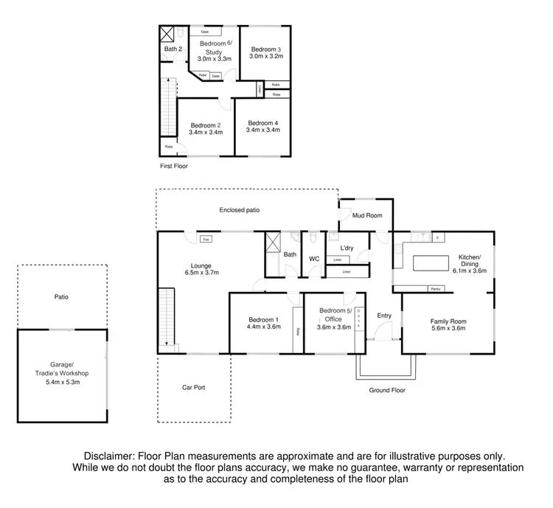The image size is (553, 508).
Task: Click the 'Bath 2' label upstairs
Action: point(173,49)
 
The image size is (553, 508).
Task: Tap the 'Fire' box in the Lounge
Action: point(206,240)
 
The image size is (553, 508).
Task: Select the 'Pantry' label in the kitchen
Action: point(435,289)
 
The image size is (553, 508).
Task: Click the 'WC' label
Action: point(313,259)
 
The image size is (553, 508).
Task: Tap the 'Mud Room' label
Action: point(366,215)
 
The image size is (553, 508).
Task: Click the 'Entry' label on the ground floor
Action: point(384,316)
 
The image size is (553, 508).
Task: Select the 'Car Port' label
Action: point(193,386)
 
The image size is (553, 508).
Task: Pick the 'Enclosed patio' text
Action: point(240,210)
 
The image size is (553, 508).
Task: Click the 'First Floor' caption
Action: point(175,167)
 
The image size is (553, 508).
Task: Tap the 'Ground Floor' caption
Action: point(387,390)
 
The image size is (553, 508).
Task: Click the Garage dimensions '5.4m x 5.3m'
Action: point(62,382)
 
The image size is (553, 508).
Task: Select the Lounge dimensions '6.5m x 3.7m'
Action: point(203,273)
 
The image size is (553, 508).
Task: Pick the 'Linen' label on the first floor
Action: point(260,89)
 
